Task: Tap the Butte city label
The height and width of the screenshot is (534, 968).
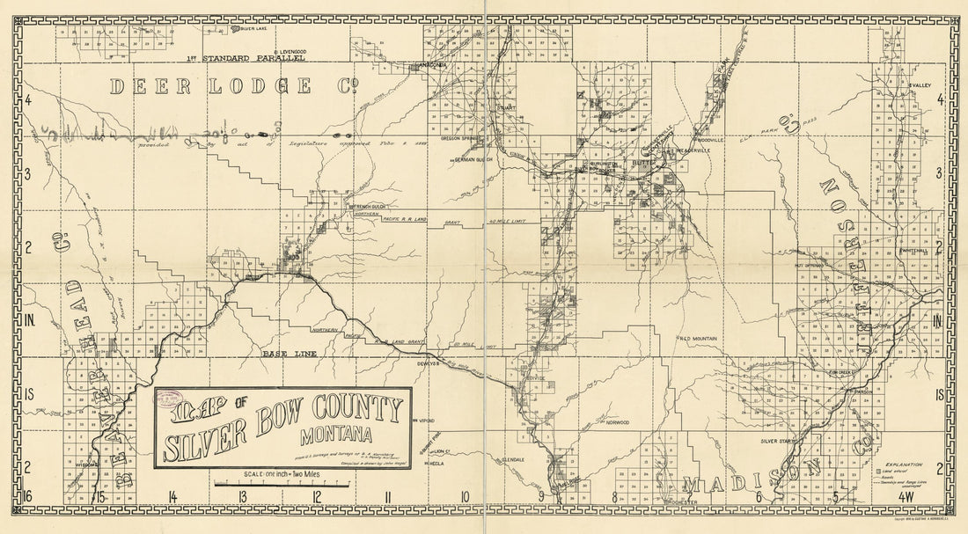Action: click(x=642, y=164)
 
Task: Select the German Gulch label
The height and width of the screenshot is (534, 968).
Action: click(x=472, y=161)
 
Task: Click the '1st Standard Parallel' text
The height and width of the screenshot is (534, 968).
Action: click(x=246, y=59)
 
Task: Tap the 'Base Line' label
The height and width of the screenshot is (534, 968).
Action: click(x=284, y=353)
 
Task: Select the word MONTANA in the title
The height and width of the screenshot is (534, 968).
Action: click(x=335, y=434)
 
